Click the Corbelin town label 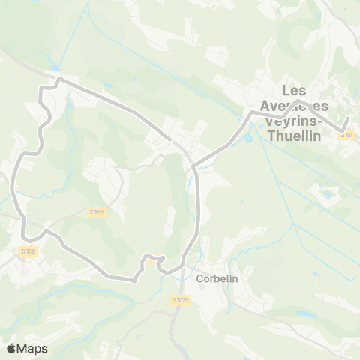click(216, 277)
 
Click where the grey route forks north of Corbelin click(193, 166)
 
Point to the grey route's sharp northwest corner click(58, 78)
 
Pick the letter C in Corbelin click(199, 277)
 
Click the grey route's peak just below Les click(298, 100)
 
